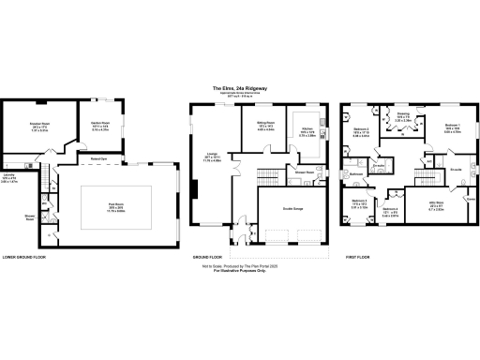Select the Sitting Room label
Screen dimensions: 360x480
coord(265,127)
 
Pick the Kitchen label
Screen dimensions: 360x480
coord(307,131)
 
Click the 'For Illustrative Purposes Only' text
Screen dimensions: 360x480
coord(240,273)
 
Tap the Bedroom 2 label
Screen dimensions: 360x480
coord(361,132)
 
